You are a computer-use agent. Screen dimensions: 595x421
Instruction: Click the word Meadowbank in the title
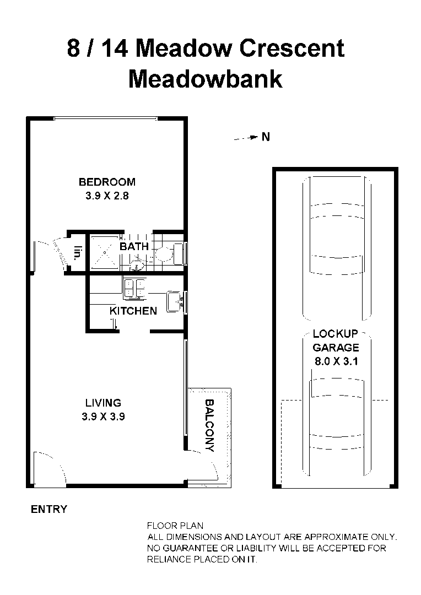point(205,79)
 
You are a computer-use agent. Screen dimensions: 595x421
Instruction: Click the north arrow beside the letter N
point(246,138)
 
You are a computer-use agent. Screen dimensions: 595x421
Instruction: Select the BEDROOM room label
point(107,182)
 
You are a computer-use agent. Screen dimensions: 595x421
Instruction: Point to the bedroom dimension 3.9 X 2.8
point(107,196)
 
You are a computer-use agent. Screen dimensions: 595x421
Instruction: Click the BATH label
point(134,246)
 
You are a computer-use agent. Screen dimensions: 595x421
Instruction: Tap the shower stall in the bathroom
point(104,251)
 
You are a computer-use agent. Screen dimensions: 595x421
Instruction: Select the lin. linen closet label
point(78,253)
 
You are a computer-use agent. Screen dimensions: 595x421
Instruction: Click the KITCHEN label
point(133,311)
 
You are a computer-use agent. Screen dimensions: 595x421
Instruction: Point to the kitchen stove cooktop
point(134,288)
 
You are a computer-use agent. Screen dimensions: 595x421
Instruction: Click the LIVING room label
point(103,403)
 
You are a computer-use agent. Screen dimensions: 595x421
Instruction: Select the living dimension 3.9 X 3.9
point(103,417)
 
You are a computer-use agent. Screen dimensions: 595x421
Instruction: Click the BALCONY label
point(209,426)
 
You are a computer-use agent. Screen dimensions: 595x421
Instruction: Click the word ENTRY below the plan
point(49,510)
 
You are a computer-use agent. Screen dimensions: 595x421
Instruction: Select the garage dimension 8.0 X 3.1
point(336,362)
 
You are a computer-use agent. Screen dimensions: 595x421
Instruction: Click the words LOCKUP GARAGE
point(336,340)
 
